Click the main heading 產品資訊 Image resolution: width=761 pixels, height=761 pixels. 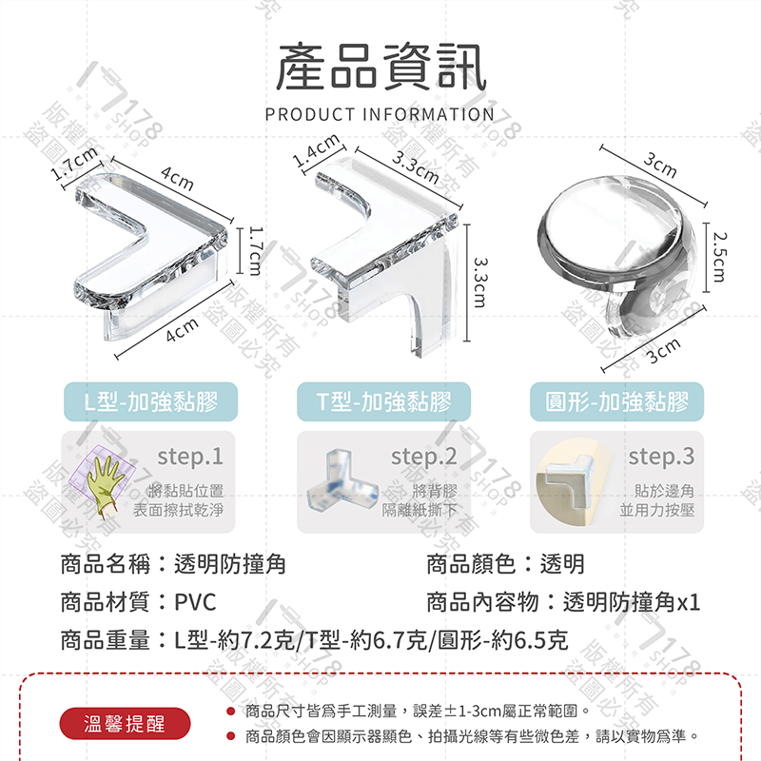click(380, 68)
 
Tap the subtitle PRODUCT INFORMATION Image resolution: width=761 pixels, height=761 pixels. click(380, 114)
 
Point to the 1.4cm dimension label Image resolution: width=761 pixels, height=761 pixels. click(317, 151)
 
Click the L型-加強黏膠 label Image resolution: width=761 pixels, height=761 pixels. click(148, 401)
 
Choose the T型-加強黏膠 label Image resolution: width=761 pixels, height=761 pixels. click(385, 401)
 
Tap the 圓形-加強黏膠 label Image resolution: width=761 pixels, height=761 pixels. click(616, 401)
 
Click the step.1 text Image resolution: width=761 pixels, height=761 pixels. click(190, 457)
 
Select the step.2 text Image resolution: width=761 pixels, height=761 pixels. click(424, 457)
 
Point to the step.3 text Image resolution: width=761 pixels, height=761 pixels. click(661, 457)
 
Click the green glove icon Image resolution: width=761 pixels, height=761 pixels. click(98, 478)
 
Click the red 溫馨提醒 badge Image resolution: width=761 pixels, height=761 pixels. click(125, 723)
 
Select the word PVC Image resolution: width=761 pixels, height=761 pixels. click(195, 602)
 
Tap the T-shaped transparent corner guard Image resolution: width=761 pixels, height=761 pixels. click(385, 249)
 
